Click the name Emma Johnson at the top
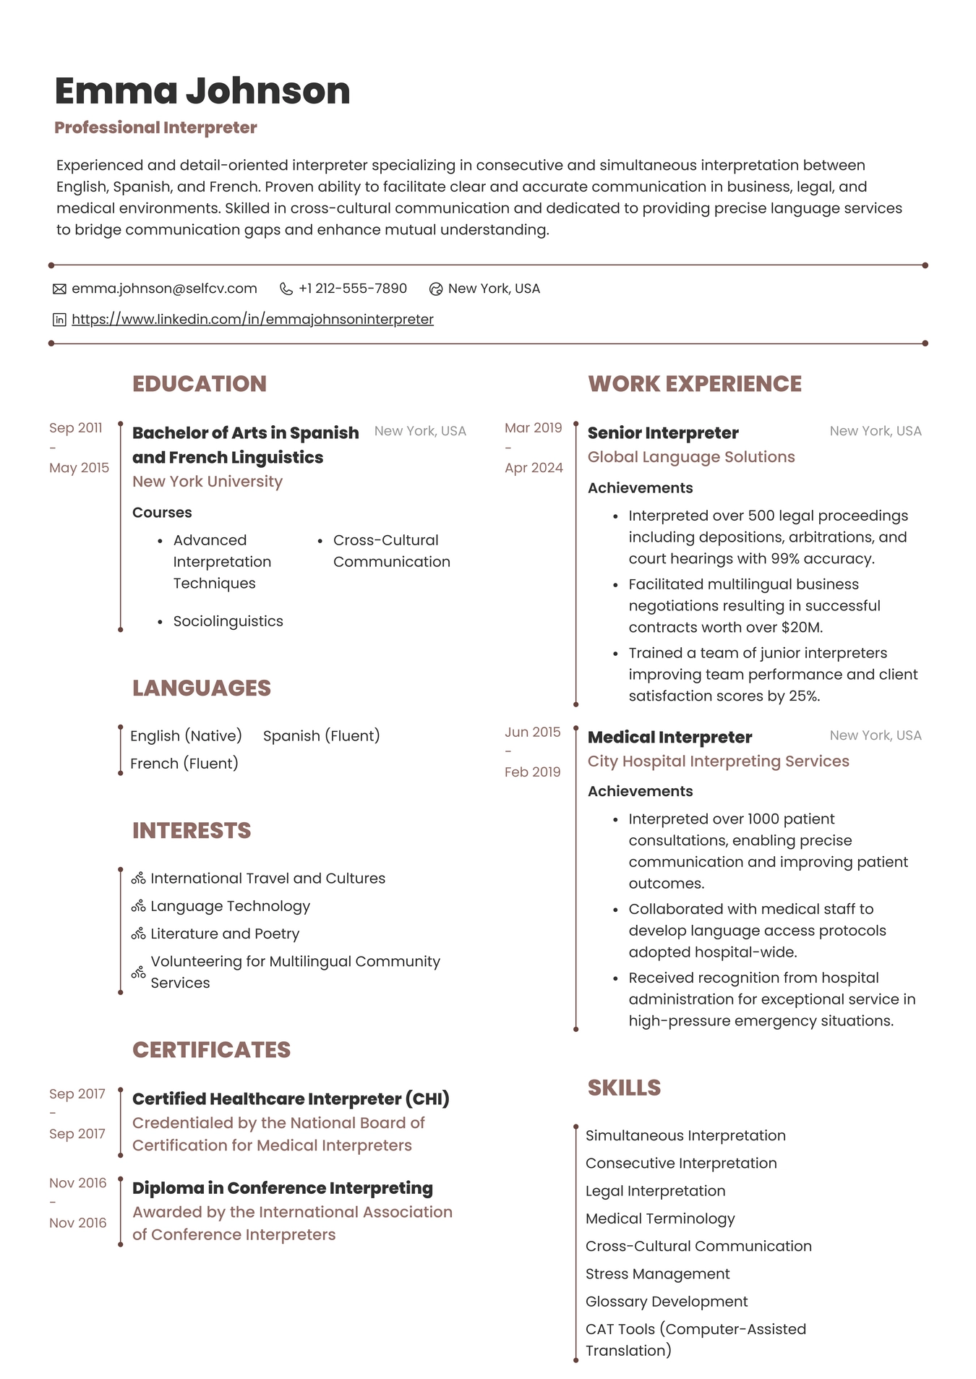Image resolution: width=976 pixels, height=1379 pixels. pyautogui.click(x=202, y=91)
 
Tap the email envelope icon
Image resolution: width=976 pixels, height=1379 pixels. pyautogui.click(x=59, y=289)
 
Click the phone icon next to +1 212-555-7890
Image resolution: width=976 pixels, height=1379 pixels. pyautogui.click(x=286, y=289)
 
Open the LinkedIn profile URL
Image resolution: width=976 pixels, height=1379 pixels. pyautogui.click(x=252, y=319)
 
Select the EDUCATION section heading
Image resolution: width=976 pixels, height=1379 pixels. pyautogui.click(x=200, y=384)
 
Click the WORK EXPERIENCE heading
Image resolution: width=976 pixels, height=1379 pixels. pyautogui.click(x=694, y=384)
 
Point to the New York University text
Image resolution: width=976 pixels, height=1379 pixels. pyautogui.click(x=207, y=482)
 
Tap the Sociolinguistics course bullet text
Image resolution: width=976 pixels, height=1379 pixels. pyautogui.click(x=228, y=621)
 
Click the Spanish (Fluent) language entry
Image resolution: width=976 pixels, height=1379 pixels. pyautogui.click(x=321, y=736)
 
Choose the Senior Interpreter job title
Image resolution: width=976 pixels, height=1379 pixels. pyautogui.click(x=663, y=433)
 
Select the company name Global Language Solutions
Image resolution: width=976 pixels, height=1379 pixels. pyautogui.click(x=691, y=457)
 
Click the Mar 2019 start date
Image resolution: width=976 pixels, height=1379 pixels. pyautogui.click(x=533, y=428)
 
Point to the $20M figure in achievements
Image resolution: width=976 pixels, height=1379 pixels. pyautogui.click(x=801, y=628)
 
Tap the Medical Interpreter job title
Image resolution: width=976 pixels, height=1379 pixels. pyautogui.click(x=669, y=738)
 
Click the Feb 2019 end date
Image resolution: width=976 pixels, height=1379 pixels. pyautogui.click(x=532, y=772)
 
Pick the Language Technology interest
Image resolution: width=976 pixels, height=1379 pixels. pyautogui.click(x=230, y=906)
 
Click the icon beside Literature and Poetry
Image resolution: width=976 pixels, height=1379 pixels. pyautogui.click(x=138, y=934)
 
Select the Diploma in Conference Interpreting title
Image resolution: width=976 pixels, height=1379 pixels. pyautogui.click(x=283, y=1188)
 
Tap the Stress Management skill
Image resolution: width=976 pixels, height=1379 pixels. pyautogui.click(x=657, y=1274)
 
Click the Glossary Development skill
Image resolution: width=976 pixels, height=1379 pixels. pyautogui.click(x=667, y=1302)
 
